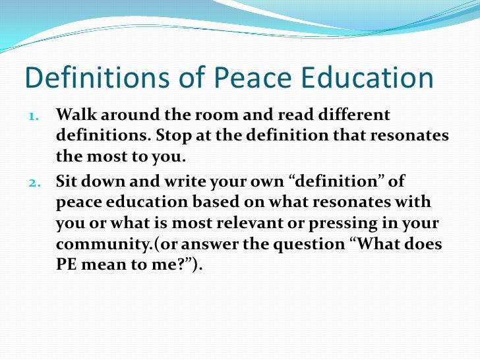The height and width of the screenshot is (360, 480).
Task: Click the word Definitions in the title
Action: [90, 78]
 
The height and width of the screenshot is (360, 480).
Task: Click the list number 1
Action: [34, 116]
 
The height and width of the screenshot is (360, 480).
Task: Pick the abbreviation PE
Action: [66, 265]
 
